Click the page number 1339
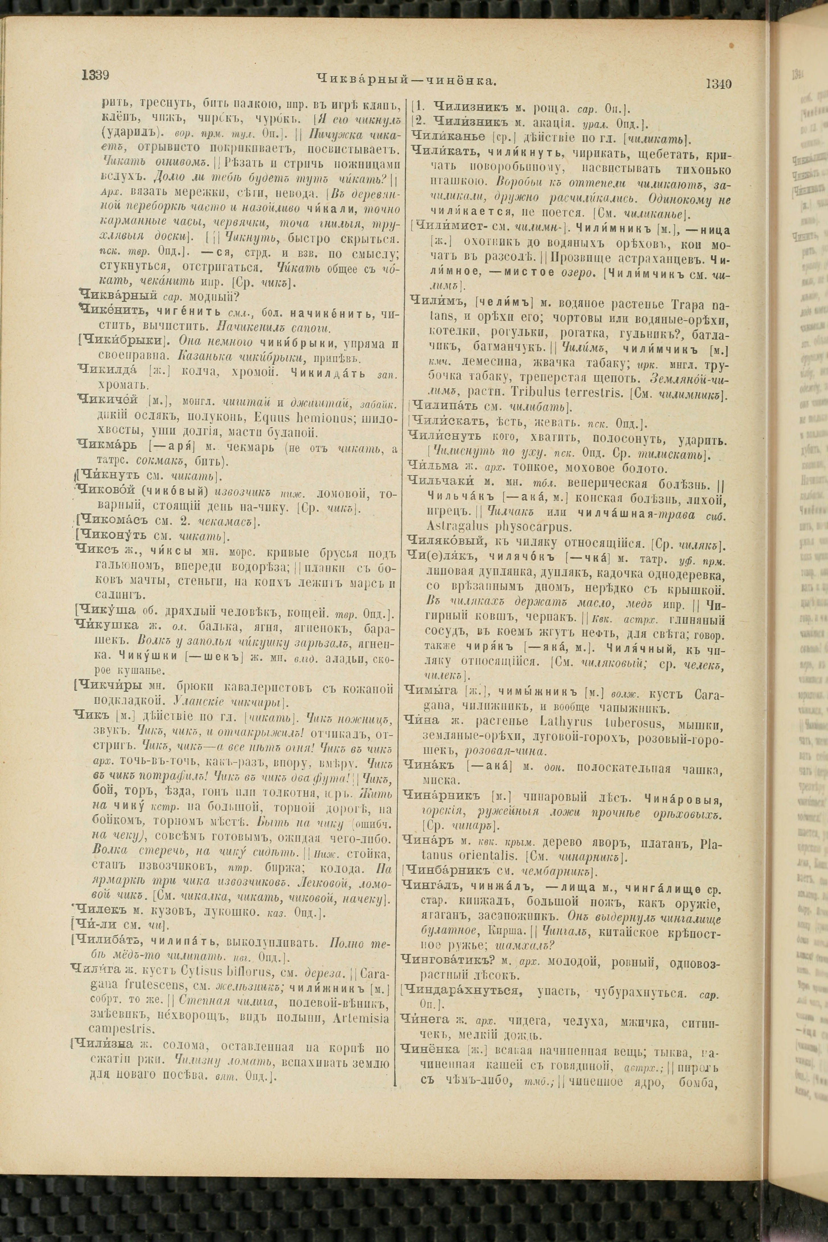click(x=95, y=76)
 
